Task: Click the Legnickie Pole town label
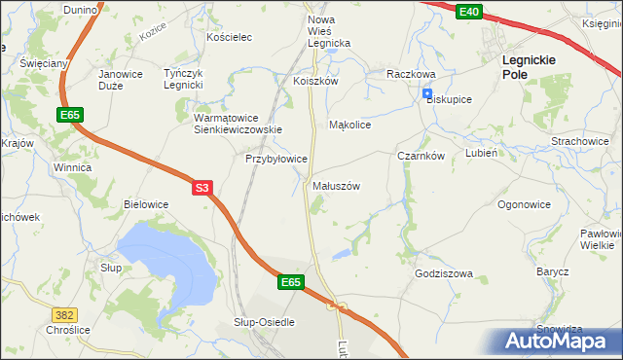point(529,66)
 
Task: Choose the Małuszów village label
point(337,185)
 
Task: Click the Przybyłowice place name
point(276,158)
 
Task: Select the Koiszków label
point(315,82)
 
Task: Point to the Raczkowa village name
point(410,74)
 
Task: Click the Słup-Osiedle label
point(264,321)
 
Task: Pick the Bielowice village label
point(146,204)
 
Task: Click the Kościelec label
point(230,37)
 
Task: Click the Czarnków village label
point(421,155)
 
